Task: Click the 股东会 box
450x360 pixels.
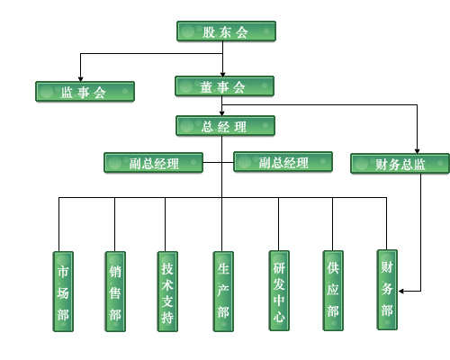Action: [x=226, y=31]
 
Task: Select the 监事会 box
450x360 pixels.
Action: [x=85, y=92]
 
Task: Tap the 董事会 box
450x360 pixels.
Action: [x=224, y=86]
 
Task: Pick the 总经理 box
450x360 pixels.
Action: [x=225, y=126]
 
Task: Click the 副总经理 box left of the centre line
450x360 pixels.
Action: [x=153, y=163]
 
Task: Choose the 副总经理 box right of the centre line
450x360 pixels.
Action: [x=283, y=162]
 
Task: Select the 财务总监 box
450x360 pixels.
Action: [x=400, y=164]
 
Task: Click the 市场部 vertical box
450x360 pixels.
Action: [x=63, y=292]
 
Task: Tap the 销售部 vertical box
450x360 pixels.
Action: [x=115, y=292]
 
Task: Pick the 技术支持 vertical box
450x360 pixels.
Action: [x=167, y=292]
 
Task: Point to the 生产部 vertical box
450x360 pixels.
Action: [x=223, y=292]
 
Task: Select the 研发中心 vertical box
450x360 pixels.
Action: [x=279, y=291]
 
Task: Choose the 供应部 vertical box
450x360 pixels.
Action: [x=333, y=291]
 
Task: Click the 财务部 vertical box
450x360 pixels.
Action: [x=387, y=290]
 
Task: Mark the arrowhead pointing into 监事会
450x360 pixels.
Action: [x=80, y=79]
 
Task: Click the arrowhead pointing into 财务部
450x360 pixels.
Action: [x=401, y=291]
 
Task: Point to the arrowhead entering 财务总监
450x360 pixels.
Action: [x=417, y=151]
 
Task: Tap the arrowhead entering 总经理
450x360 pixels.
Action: [x=222, y=113]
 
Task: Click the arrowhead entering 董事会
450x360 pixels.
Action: [x=222, y=75]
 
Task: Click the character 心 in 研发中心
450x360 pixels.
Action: [x=279, y=317]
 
